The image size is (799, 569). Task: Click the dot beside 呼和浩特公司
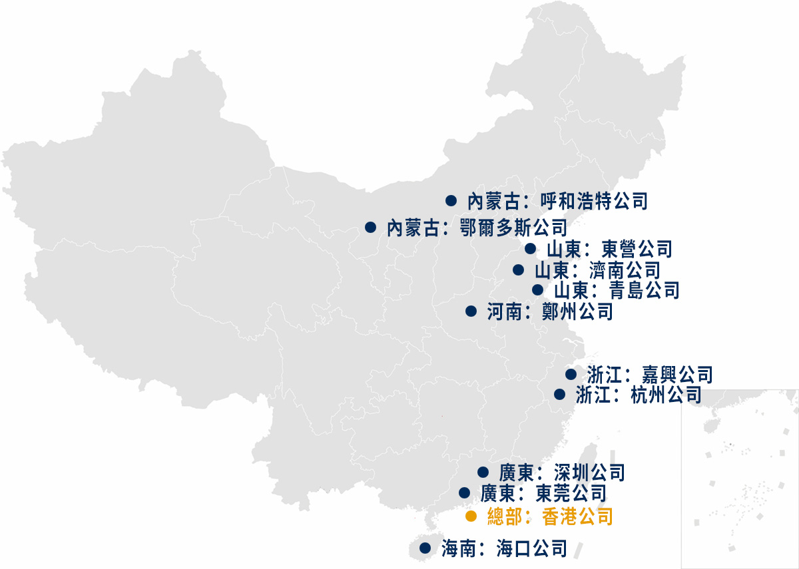click(451, 200)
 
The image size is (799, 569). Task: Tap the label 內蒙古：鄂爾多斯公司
click(476, 228)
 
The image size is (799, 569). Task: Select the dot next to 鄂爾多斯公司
click(371, 228)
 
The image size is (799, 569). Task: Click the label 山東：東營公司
click(609, 249)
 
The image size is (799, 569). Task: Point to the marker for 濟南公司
click(518, 270)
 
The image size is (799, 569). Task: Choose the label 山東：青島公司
click(616, 290)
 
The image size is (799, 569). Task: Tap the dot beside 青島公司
click(537, 289)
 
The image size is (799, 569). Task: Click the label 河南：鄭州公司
click(549, 311)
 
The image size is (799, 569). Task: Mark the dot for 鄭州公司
click(471, 311)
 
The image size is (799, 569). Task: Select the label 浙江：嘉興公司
click(649, 374)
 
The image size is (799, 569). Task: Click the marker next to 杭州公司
click(560, 394)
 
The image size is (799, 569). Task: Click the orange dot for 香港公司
click(471, 516)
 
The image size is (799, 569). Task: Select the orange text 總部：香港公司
click(549, 516)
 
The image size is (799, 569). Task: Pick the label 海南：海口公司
click(503, 548)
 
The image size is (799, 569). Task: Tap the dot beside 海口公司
click(425, 548)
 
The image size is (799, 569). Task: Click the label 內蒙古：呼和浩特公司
click(557, 200)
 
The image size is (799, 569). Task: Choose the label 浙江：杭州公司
click(638, 394)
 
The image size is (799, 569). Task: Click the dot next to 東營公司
click(530, 249)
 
